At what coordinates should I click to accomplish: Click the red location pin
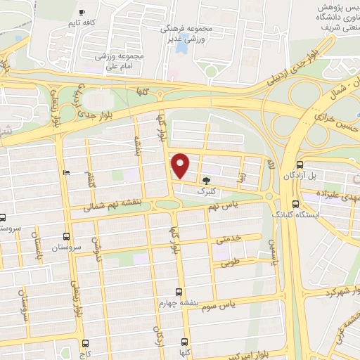tap(181, 165)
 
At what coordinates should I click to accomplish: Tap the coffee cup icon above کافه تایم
tap(82, 13)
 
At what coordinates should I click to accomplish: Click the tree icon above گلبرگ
tap(205, 181)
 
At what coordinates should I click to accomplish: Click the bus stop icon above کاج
tap(86, 344)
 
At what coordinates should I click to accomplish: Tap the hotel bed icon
tap(67, 173)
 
